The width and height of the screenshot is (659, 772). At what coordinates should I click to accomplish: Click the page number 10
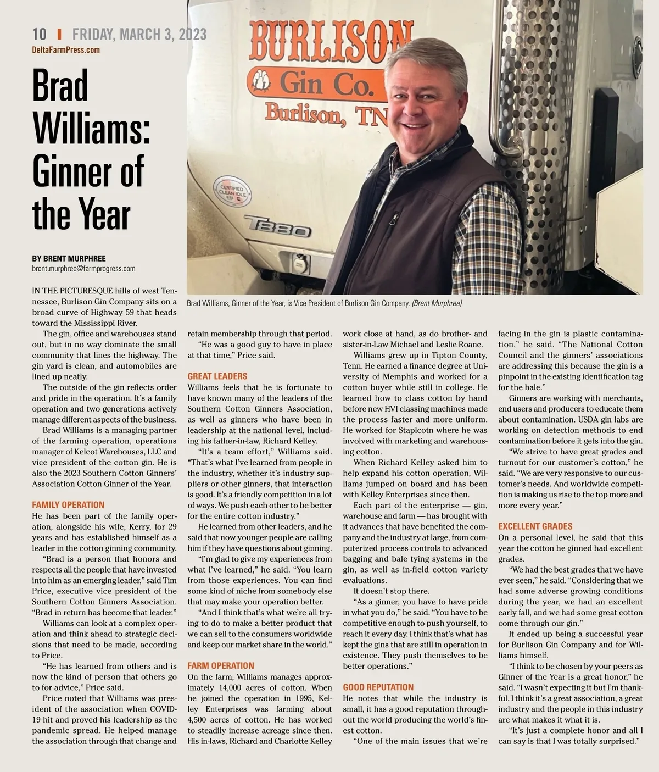[40, 34]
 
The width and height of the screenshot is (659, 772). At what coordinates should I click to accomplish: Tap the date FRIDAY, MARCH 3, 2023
[139, 34]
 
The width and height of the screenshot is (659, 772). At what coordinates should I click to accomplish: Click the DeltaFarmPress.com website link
[66, 50]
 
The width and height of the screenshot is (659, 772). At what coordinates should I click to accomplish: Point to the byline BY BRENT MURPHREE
[69, 258]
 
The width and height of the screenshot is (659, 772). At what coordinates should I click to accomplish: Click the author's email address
[83, 269]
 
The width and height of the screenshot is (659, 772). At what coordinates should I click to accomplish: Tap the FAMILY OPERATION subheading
[68, 505]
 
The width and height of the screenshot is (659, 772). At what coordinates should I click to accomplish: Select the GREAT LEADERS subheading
[217, 376]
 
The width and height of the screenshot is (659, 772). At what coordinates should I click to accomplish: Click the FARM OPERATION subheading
[221, 665]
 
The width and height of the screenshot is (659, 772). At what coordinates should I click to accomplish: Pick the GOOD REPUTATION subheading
[378, 687]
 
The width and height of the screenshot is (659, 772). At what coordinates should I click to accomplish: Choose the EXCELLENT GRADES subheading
[535, 526]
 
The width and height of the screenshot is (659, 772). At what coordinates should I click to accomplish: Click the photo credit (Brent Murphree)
[437, 303]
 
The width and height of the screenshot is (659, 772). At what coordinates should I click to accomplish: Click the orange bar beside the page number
[59, 34]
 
